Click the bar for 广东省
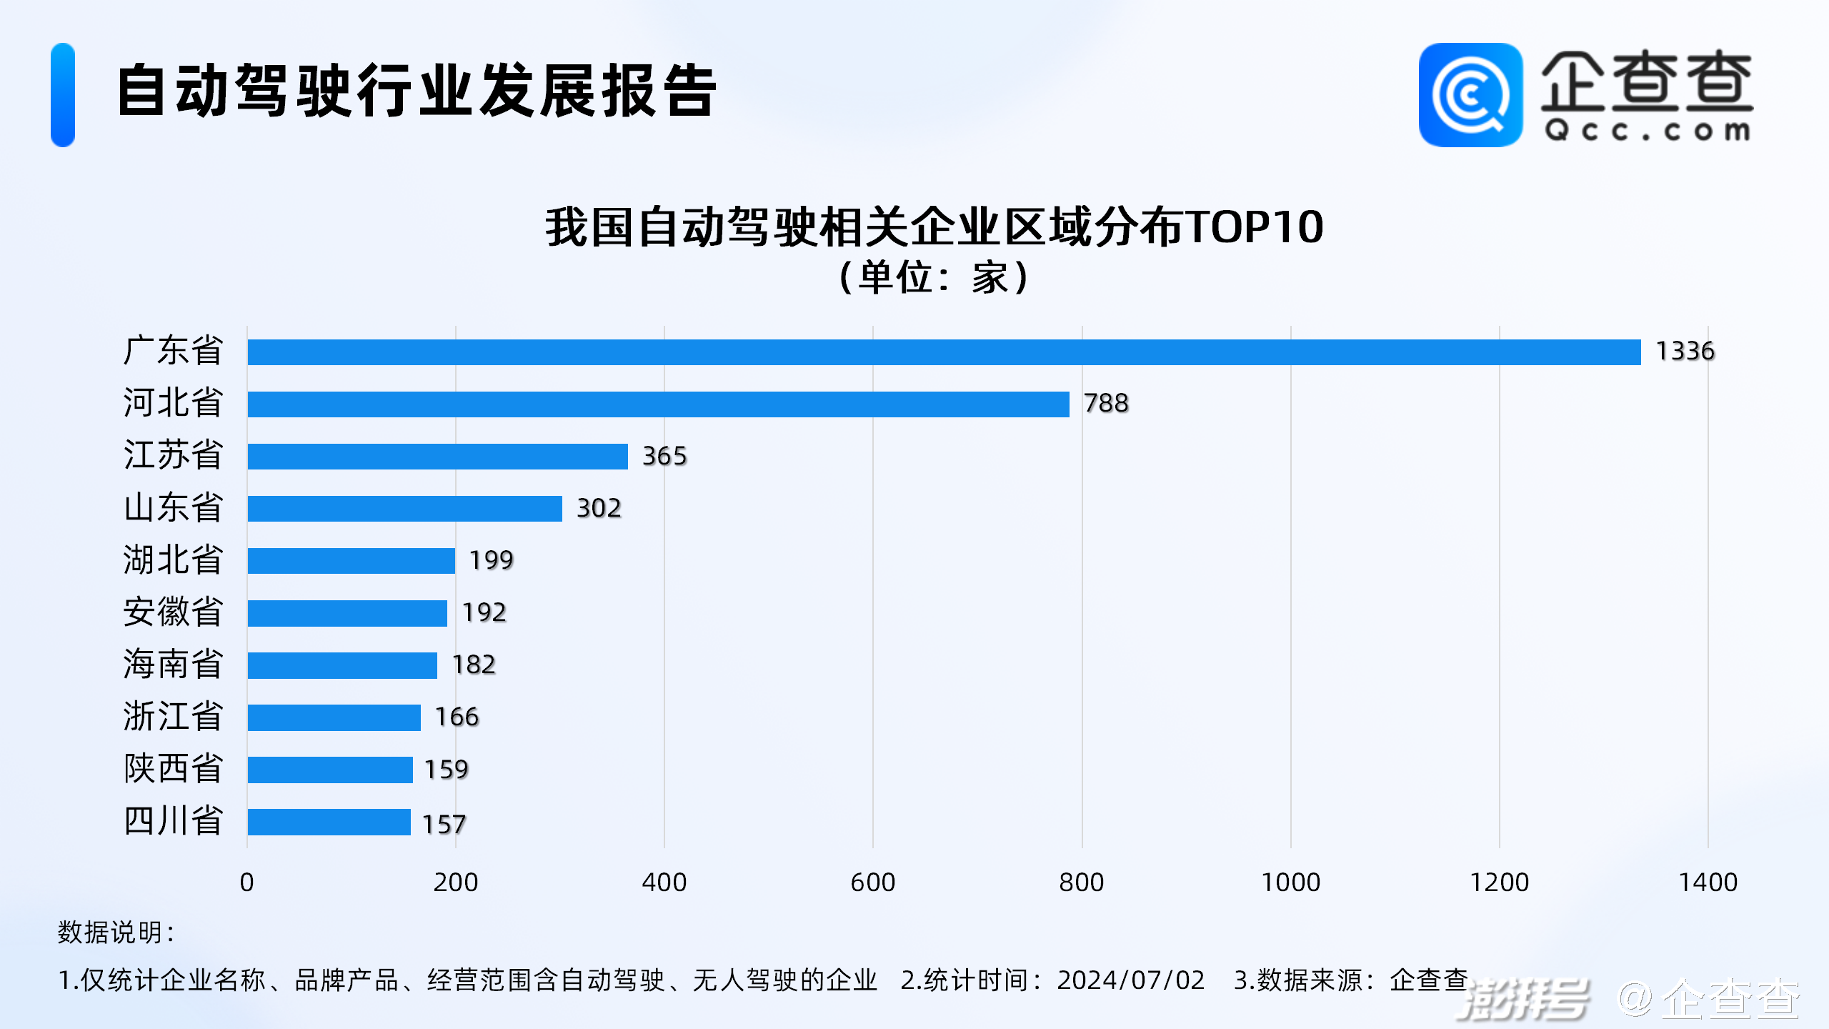(x=943, y=352)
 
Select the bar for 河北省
(x=657, y=404)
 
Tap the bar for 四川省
(x=329, y=822)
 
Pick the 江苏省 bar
(x=437, y=457)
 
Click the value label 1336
(x=1685, y=352)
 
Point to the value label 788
(x=1106, y=404)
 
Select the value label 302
(x=599, y=508)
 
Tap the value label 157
(x=444, y=825)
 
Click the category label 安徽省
(x=173, y=612)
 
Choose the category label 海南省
(x=173, y=665)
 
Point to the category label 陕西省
(x=173, y=769)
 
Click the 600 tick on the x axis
(x=872, y=883)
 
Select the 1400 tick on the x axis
(x=1708, y=883)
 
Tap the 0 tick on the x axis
(x=246, y=883)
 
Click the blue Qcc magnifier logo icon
(x=1470, y=95)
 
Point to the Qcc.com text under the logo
(x=1647, y=131)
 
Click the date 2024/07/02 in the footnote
(x=1131, y=980)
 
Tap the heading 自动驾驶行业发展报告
(x=417, y=91)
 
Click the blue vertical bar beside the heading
(x=63, y=95)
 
